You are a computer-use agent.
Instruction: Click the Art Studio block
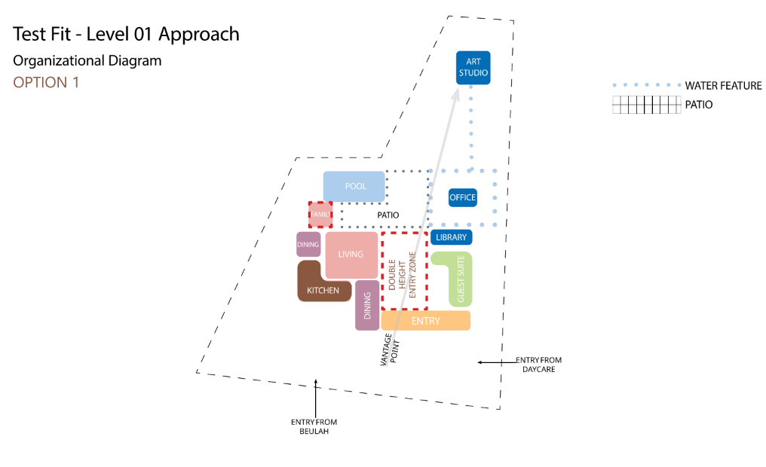coord(473,67)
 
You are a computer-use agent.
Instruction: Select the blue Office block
coord(463,197)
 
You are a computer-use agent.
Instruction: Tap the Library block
coord(451,237)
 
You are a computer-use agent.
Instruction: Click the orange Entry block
coord(425,321)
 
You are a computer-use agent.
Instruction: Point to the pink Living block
coord(351,255)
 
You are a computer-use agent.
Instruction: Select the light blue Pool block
coord(354,186)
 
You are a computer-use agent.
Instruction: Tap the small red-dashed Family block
coord(320,214)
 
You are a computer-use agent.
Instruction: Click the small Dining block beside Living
coord(308,244)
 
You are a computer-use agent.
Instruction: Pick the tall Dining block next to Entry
coord(367,305)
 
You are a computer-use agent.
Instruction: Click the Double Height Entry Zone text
coord(402,275)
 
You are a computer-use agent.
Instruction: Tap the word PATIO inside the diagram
coord(388,215)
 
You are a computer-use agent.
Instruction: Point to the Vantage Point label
coord(390,349)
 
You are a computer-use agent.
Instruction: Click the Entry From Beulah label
coord(314,426)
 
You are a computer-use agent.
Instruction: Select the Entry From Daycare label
coord(538,365)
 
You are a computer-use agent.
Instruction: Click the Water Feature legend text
coord(723,86)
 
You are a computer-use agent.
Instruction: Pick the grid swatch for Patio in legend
coord(646,105)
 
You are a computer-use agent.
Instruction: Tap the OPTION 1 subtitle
coord(46,82)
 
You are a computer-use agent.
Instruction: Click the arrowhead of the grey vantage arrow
coord(456,93)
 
